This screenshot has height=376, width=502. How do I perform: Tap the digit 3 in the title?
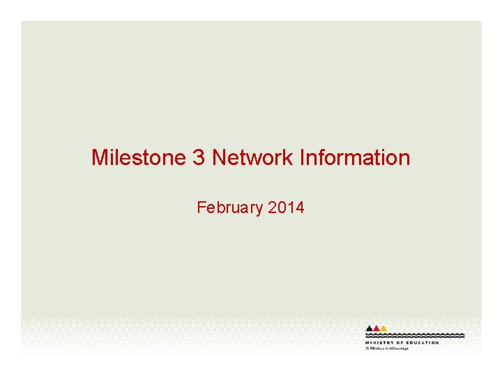pos(199,158)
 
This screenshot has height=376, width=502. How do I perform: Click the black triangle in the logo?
pos(370,328)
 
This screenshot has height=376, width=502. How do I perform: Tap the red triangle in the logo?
pos(376,328)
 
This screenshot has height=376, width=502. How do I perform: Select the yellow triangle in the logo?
pos(383,328)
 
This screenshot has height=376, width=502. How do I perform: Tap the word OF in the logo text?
pos(401,343)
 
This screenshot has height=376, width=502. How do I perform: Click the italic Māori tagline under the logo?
pos(387,348)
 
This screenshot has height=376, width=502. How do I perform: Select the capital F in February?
pos(201,207)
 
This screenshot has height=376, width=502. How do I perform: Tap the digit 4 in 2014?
pos(300,207)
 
